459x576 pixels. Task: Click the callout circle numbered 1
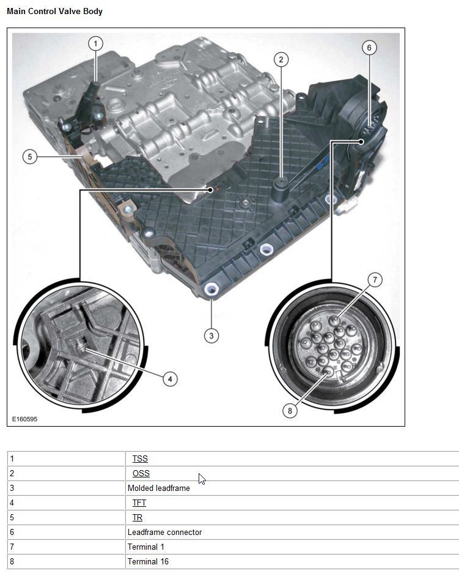point(95,43)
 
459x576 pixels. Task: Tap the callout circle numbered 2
point(281,59)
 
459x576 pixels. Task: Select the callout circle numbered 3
point(211,335)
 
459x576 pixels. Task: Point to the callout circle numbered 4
point(170,379)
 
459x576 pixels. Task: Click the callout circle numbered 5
point(30,157)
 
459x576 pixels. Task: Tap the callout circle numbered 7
point(375,280)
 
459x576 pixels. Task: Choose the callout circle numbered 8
point(290,411)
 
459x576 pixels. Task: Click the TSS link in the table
point(140,458)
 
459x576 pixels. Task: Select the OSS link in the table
point(141,473)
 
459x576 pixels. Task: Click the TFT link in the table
point(139,503)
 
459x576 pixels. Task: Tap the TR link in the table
point(138,517)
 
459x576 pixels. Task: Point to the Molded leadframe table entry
point(158,488)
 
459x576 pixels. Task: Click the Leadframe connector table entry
point(164,532)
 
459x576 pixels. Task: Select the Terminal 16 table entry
point(148,561)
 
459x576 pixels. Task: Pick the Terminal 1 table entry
point(145,547)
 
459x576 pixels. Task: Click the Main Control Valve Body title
point(54,12)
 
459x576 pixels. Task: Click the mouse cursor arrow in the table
point(202,479)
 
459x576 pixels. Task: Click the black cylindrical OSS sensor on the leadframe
point(281,187)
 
